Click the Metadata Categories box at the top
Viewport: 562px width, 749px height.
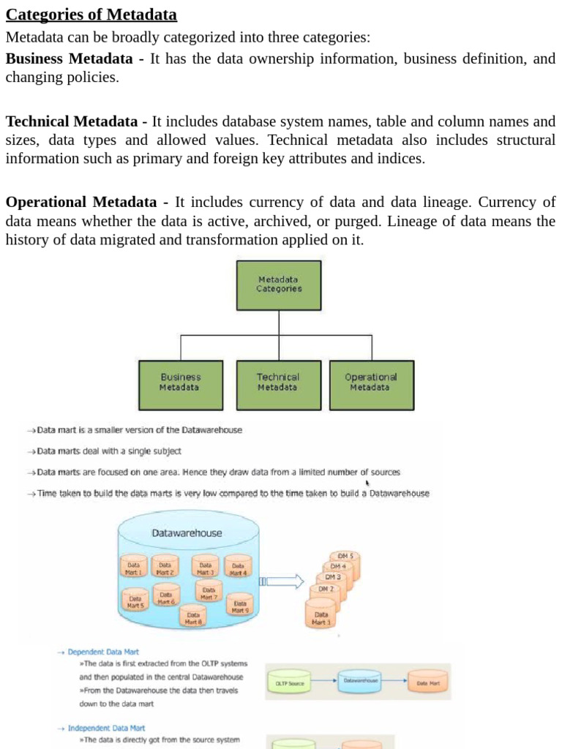278,284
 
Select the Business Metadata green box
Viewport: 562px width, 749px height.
180,383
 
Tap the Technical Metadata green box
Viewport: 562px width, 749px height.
277,383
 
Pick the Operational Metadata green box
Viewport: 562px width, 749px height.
370,383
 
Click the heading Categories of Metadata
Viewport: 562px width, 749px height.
91,15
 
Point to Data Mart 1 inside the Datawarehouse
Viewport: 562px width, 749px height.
134,568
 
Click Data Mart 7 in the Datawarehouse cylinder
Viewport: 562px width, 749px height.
209,592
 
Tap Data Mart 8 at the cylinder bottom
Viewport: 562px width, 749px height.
193,618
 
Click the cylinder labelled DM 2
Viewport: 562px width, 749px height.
326,590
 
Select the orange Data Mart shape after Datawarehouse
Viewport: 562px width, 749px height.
428,682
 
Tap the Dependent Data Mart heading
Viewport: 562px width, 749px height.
103,651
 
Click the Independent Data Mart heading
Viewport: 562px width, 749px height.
106,728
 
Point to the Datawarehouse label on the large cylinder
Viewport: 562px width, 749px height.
187,533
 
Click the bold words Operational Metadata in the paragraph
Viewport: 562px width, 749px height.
81,202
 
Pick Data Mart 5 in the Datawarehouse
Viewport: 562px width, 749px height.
135,601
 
